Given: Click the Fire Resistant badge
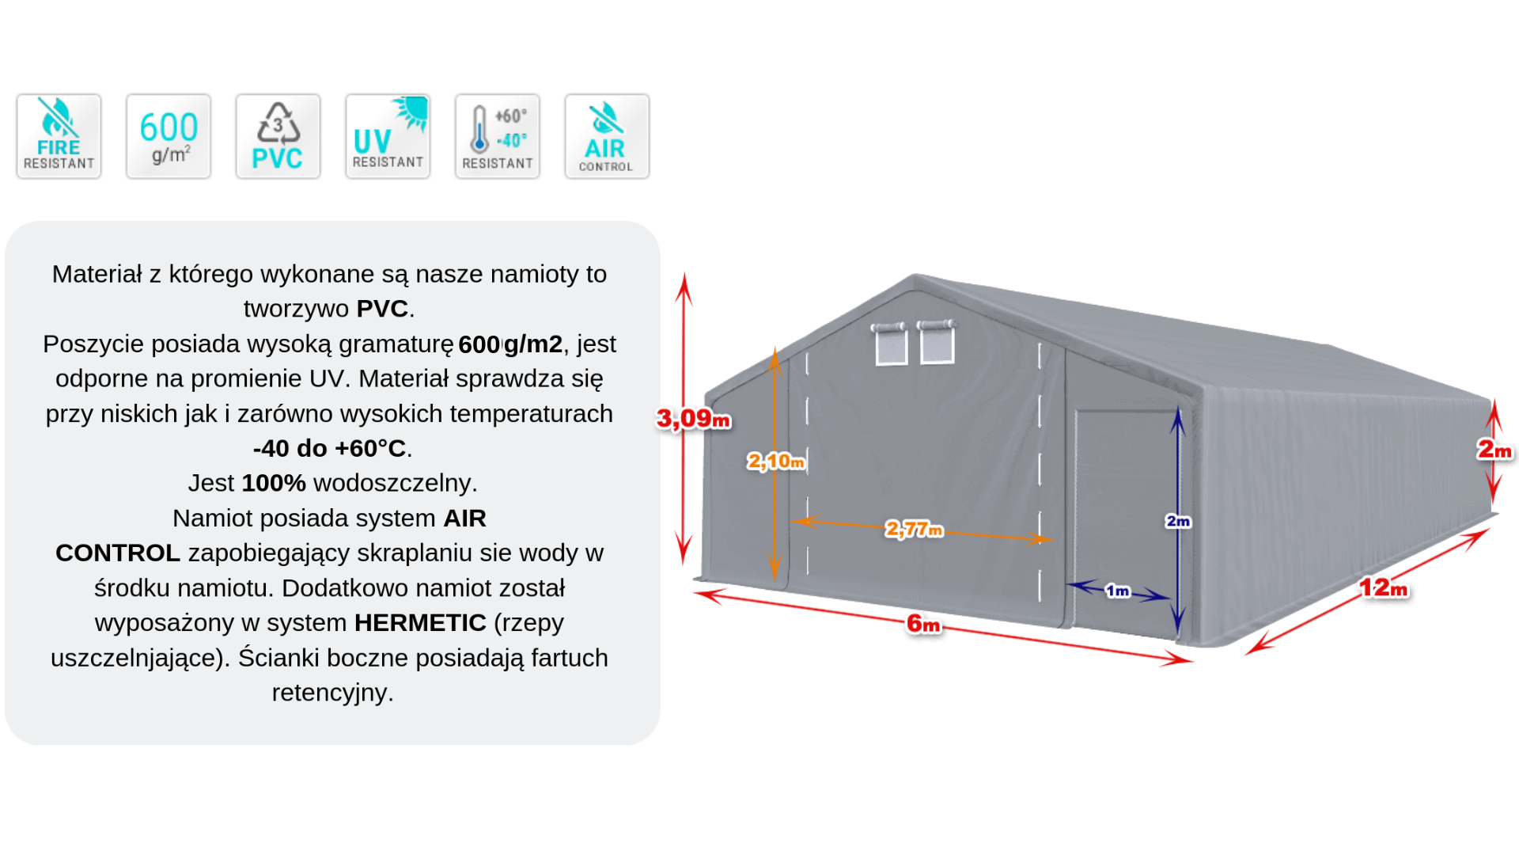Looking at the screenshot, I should pyautogui.click(x=59, y=136).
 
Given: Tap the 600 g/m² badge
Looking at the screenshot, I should pyautogui.click(x=169, y=136).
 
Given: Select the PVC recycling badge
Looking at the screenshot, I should pyautogui.click(x=278, y=136).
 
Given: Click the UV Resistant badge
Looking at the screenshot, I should pyautogui.click(x=388, y=136).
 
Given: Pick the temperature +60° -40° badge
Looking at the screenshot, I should pyautogui.click(x=497, y=136).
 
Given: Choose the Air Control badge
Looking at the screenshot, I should pyautogui.click(x=607, y=136).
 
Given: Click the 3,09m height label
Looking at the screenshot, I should pyautogui.click(x=694, y=419).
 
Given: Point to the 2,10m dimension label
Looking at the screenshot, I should pyautogui.click(x=775, y=461).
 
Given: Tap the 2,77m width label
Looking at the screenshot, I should pyautogui.click(x=914, y=529).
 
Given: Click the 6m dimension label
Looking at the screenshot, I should pyautogui.click(x=923, y=624).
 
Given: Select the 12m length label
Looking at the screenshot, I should pyautogui.click(x=1383, y=587).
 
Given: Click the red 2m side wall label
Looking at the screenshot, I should pyautogui.click(x=1494, y=450).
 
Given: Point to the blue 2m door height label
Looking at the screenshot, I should pyautogui.click(x=1178, y=521).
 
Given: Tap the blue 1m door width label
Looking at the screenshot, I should pyautogui.click(x=1117, y=591).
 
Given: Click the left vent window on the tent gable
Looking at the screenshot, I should pyautogui.click(x=891, y=344).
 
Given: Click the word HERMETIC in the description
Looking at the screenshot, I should pyautogui.click(x=420, y=623).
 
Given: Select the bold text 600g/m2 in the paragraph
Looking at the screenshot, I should pyautogui.click(x=510, y=344).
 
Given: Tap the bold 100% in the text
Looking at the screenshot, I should pyautogui.click(x=274, y=483).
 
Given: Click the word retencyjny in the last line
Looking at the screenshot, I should pyautogui.click(x=332, y=693).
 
